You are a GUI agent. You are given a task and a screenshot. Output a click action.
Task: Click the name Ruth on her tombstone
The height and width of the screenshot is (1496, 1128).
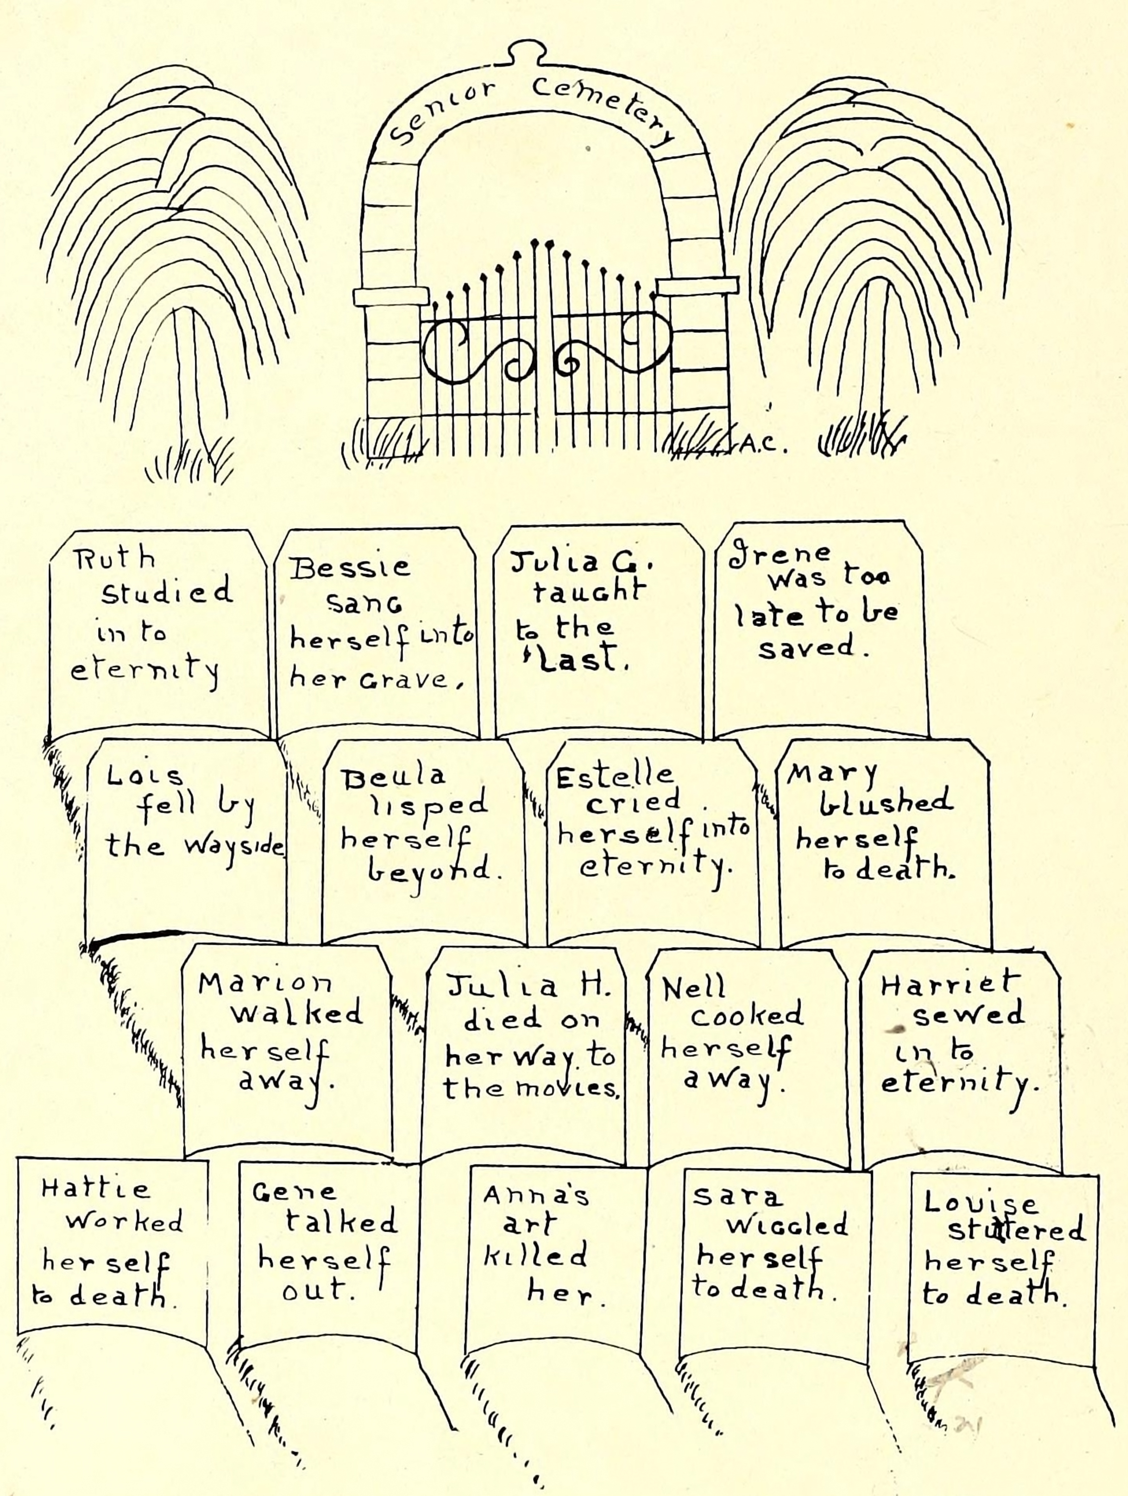[114, 559]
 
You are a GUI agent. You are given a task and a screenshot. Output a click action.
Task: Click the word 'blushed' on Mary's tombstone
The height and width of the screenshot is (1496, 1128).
[886, 802]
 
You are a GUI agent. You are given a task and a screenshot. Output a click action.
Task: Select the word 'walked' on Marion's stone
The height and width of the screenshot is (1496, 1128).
[297, 1012]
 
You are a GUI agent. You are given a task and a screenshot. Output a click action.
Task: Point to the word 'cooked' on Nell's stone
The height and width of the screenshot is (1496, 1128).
[747, 1014]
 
